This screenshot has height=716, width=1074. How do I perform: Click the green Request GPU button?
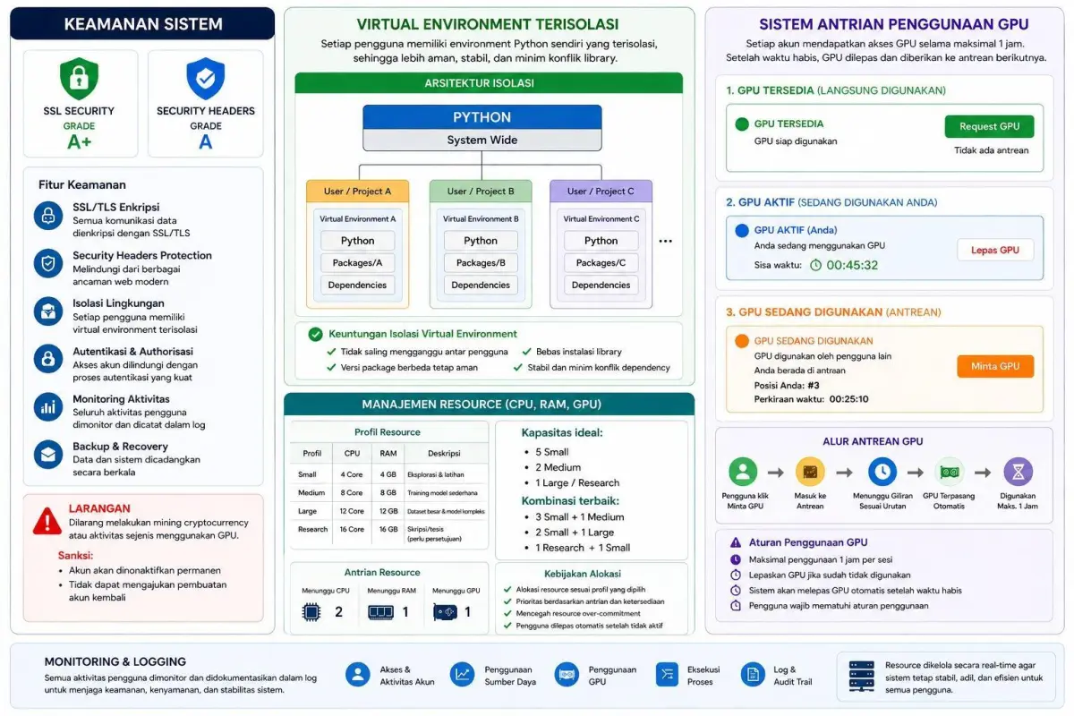click(989, 126)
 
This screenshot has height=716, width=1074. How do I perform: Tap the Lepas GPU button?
click(995, 250)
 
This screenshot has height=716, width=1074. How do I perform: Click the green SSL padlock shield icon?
click(79, 78)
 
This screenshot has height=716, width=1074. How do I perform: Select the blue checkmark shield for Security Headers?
click(205, 78)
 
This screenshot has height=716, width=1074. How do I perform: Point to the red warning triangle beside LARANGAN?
click(47, 521)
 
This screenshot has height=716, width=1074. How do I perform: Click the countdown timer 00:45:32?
click(851, 265)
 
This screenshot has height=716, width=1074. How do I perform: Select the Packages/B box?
click(481, 263)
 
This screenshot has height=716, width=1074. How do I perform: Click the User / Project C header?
click(601, 191)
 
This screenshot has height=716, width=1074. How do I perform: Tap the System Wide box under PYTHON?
click(482, 140)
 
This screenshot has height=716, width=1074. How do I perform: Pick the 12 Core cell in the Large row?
click(352, 511)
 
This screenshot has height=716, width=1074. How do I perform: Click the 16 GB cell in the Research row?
click(388, 529)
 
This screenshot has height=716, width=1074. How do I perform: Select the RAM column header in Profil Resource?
click(388, 453)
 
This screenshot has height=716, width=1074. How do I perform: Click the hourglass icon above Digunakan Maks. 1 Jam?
click(1018, 472)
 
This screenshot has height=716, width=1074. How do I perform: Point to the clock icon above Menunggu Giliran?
click(882, 472)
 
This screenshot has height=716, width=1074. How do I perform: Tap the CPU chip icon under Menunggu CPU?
click(311, 612)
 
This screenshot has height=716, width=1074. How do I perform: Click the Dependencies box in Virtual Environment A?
click(357, 285)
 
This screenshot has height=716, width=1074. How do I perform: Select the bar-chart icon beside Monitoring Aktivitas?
click(48, 407)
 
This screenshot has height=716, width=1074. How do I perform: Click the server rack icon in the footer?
click(861, 677)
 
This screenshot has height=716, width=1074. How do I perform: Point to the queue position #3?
click(814, 385)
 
